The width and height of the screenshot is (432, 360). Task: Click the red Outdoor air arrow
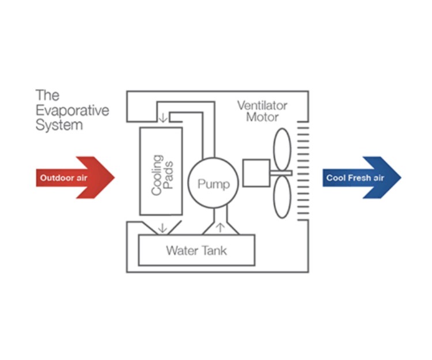click(x=75, y=177)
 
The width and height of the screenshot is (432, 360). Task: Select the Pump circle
click(x=213, y=184)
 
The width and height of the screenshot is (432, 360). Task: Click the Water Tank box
click(x=196, y=251)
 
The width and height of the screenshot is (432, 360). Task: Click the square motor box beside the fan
click(x=256, y=173)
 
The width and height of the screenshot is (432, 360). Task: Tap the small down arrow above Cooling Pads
click(x=163, y=118)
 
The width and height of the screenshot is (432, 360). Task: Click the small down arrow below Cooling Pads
click(x=162, y=227)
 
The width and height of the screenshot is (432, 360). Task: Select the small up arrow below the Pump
click(x=219, y=226)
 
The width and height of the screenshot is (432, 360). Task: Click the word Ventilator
click(x=262, y=106)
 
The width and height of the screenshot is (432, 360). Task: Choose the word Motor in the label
click(x=263, y=118)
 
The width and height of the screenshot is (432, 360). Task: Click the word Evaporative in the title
click(x=72, y=110)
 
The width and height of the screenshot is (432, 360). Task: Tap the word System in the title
click(x=59, y=125)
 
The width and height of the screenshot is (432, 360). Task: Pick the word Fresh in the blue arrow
click(x=361, y=178)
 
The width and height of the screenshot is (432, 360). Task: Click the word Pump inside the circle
click(x=213, y=184)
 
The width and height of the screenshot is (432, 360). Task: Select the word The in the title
click(x=48, y=95)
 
